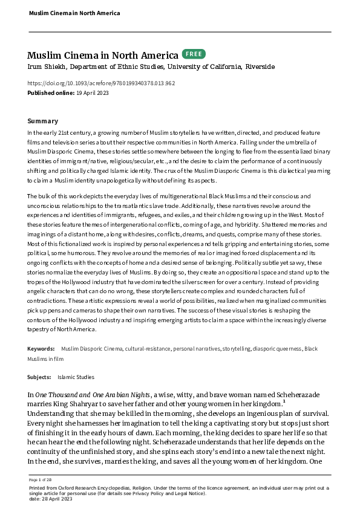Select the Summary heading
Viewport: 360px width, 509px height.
(43, 121)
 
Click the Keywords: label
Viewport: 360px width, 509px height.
(42, 349)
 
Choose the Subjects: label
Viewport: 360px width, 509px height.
(40, 377)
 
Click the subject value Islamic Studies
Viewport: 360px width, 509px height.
(80, 377)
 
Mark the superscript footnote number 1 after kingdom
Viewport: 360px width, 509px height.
(284, 401)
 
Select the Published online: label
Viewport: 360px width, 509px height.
(50, 92)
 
